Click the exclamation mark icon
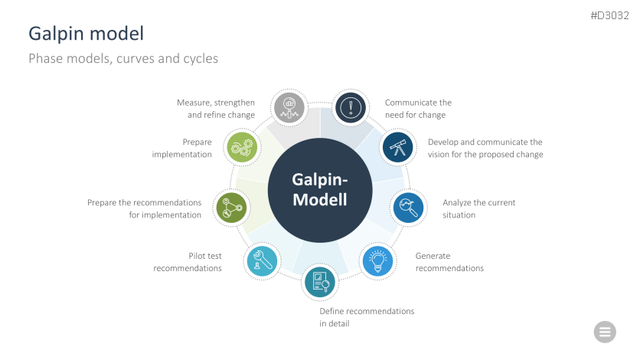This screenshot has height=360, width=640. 351,108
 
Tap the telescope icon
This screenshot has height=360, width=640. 398,147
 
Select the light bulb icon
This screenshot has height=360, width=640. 378,261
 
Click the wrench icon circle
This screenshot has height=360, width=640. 262,261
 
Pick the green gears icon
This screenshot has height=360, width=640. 242,147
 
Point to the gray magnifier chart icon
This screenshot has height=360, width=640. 289,108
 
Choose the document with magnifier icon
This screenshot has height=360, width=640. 320,282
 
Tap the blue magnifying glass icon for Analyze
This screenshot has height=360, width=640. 409,208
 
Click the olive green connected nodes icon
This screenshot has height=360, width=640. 231,208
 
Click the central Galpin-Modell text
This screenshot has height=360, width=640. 320,190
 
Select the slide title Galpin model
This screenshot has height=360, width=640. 86,34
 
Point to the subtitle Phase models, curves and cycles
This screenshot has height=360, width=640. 123,59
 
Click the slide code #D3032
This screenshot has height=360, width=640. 610,15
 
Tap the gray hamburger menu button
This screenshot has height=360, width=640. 605,332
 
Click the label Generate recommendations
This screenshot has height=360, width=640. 449,262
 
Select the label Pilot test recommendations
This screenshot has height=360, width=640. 188,262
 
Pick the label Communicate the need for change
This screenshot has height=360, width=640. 418,109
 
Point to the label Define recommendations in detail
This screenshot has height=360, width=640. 367,317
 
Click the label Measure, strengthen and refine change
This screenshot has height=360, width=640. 216,109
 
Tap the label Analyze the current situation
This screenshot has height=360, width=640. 478,208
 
